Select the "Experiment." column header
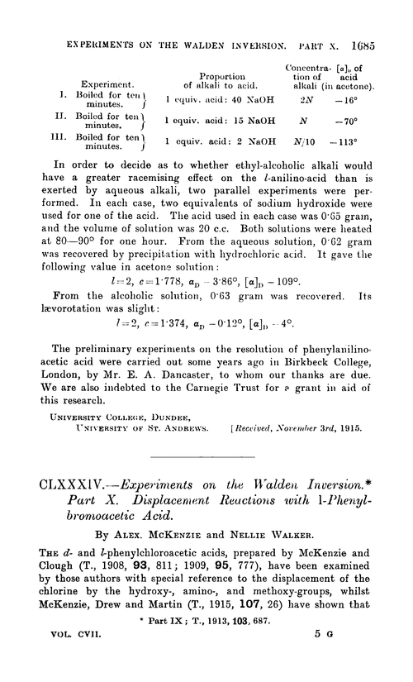pos(104,83)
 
